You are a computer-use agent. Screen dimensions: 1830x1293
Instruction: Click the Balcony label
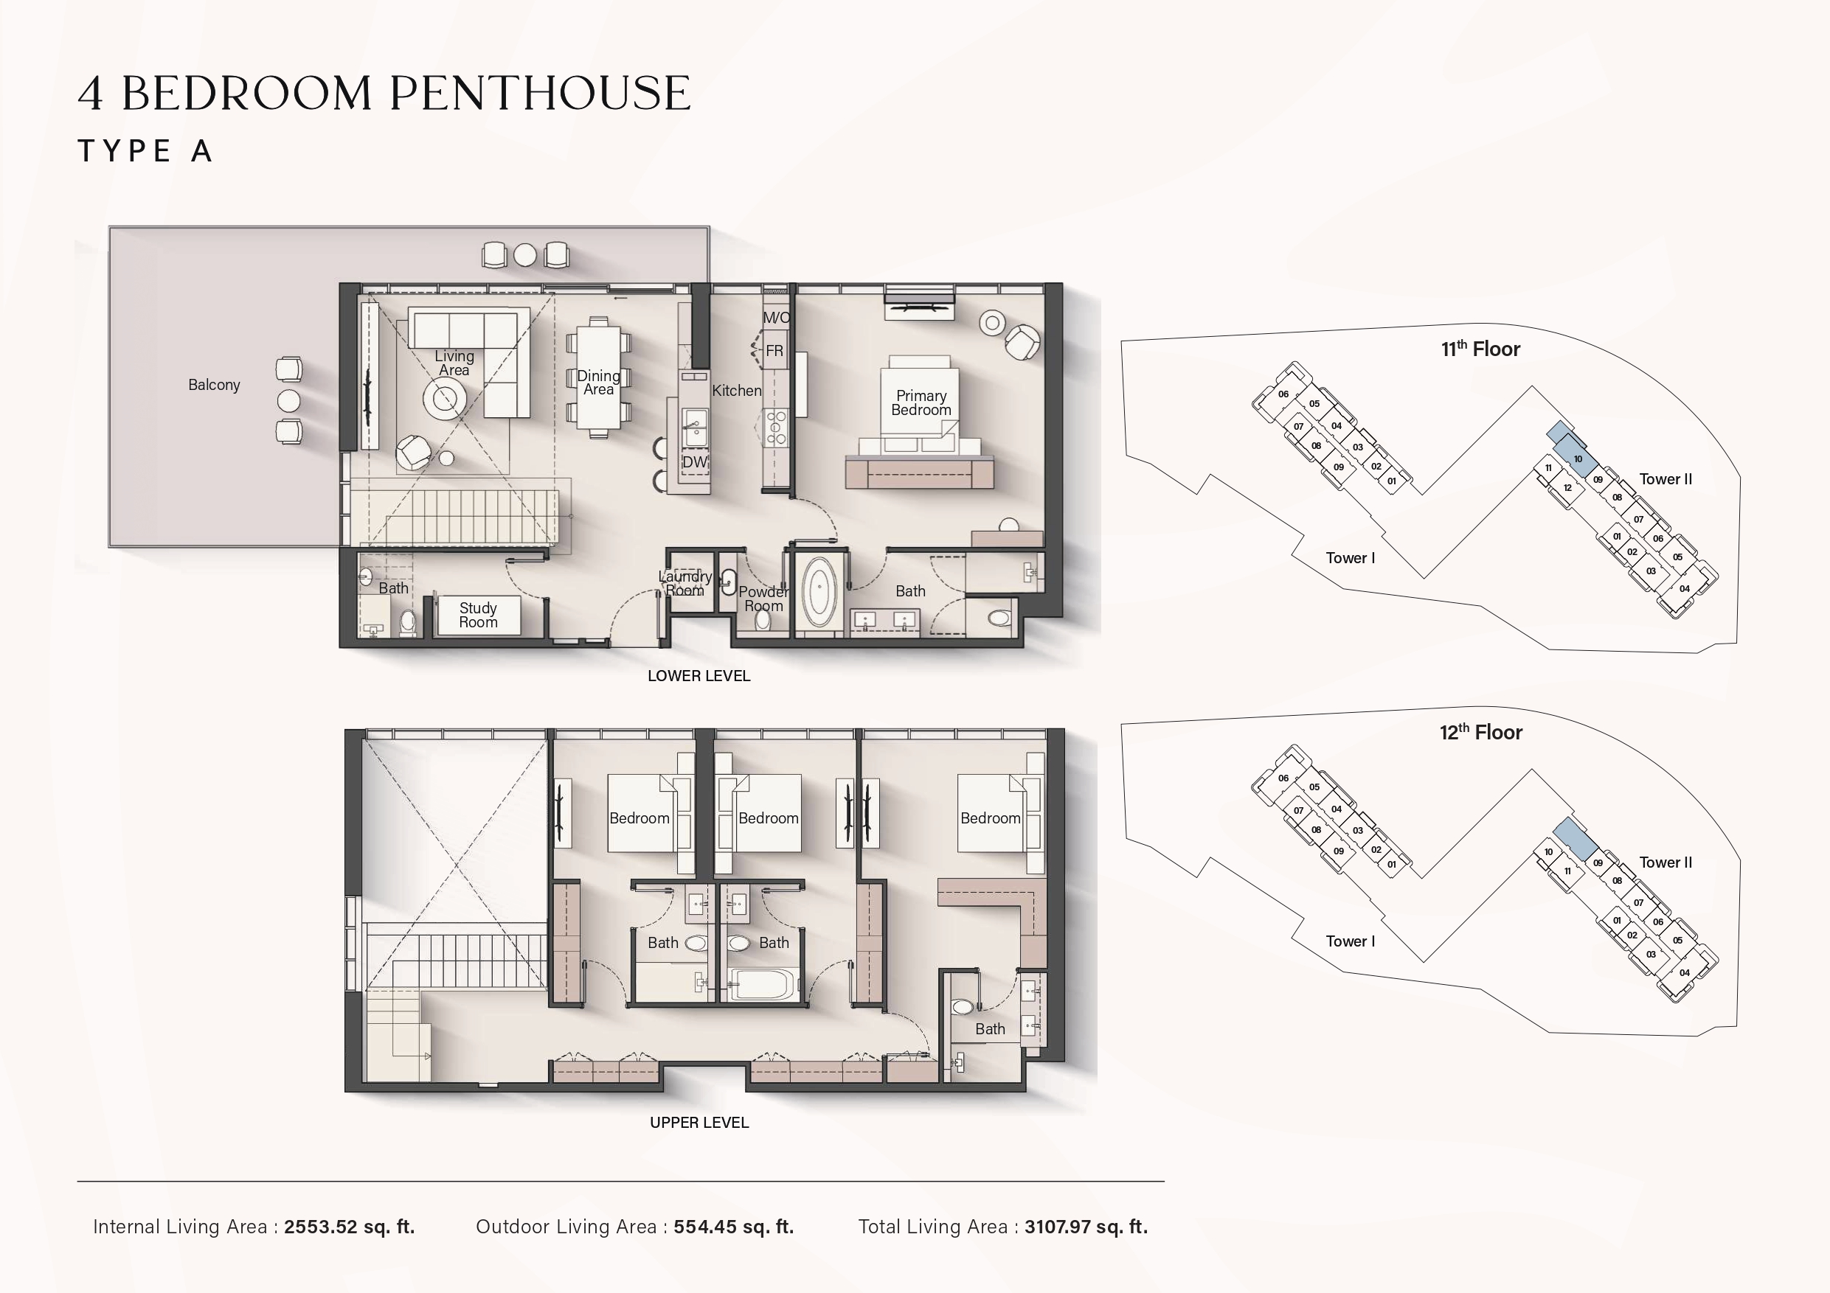point(214,385)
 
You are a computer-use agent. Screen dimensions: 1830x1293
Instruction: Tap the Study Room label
point(478,615)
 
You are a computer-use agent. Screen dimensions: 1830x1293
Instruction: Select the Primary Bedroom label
point(921,402)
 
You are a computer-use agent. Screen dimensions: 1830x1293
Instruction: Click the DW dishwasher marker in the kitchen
point(694,462)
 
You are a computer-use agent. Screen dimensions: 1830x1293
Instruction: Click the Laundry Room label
point(685,583)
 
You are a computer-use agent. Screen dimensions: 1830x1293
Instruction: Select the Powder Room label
point(763,599)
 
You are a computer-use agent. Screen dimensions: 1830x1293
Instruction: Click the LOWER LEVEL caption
point(699,675)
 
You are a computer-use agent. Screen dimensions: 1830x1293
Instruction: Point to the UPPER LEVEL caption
point(699,1123)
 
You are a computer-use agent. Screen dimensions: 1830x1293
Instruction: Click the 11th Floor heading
point(1480,348)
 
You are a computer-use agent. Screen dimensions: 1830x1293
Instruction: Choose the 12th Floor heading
point(1480,731)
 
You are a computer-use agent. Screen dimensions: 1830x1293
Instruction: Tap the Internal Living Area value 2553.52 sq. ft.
point(349,1227)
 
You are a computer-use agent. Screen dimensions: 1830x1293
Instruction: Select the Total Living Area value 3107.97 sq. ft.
point(1086,1227)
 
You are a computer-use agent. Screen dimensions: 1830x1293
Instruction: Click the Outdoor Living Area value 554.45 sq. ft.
point(734,1227)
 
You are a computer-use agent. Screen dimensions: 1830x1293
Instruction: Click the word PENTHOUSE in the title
point(540,92)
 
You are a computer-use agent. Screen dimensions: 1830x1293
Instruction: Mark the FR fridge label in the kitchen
point(774,351)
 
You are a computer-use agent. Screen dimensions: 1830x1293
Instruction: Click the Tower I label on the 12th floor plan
point(1350,941)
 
